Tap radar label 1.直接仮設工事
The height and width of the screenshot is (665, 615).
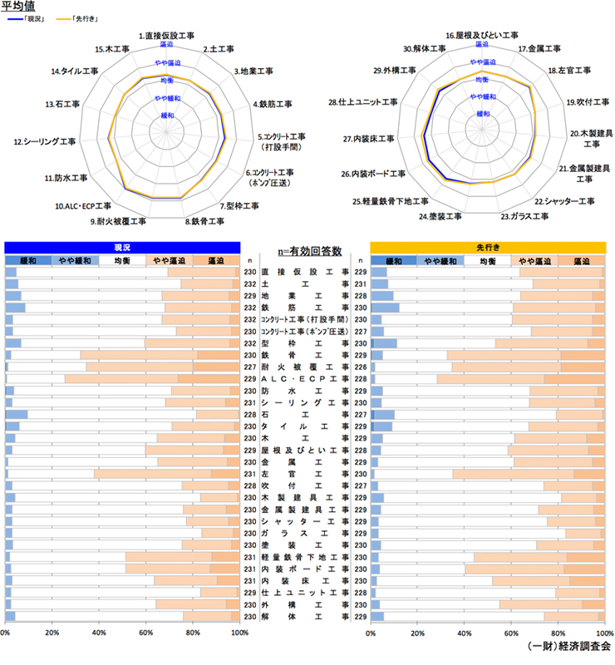[x=166, y=37]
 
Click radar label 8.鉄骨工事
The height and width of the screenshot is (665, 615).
[x=204, y=221]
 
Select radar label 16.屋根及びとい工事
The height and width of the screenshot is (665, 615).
[x=482, y=36]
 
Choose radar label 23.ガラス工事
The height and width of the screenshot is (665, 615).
[x=524, y=216]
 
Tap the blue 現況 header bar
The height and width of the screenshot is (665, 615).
[x=122, y=247]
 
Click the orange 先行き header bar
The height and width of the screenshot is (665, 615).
[x=486, y=247]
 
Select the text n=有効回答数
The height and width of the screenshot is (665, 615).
[x=305, y=248]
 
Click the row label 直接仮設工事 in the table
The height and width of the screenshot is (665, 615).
[x=305, y=272]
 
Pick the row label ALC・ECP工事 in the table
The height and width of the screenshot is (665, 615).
[x=305, y=378]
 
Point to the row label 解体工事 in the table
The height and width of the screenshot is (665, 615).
[x=305, y=616]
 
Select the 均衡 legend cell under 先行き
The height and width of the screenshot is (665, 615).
[x=486, y=260]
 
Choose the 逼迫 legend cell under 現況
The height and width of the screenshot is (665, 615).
[x=215, y=260]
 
